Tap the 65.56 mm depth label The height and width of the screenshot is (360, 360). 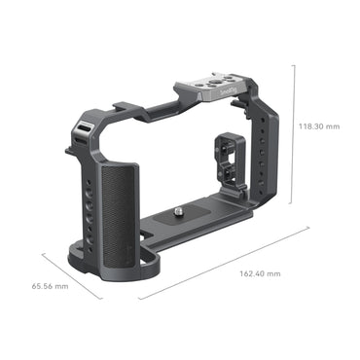(x=50, y=286)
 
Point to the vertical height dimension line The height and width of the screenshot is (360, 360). (x=293, y=126)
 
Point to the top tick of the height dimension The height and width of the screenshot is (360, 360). (x=293, y=65)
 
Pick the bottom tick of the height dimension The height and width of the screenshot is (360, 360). (x=293, y=190)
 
